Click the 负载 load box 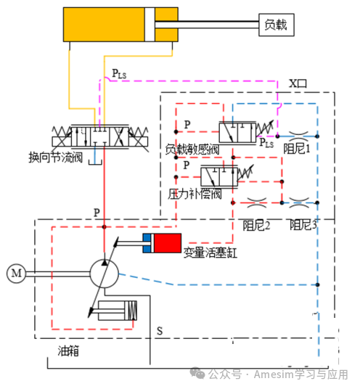click(x=277, y=25)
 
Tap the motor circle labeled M click(x=16, y=274)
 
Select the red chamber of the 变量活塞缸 click(x=168, y=243)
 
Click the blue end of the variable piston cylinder click(x=147, y=243)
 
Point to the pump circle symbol click(x=104, y=274)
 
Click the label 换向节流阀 click(x=56, y=157)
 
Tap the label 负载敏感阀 click(x=192, y=150)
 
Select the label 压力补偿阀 click(x=195, y=194)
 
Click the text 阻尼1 click(x=297, y=149)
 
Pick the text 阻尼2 click(x=256, y=225)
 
